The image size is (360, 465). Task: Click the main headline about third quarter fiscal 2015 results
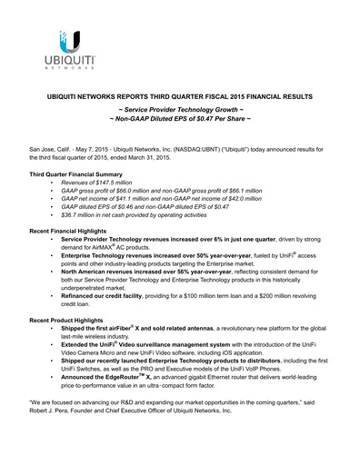pyautogui.click(x=180, y=95)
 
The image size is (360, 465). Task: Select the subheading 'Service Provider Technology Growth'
pyautogui.click(x=180, y=109)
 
